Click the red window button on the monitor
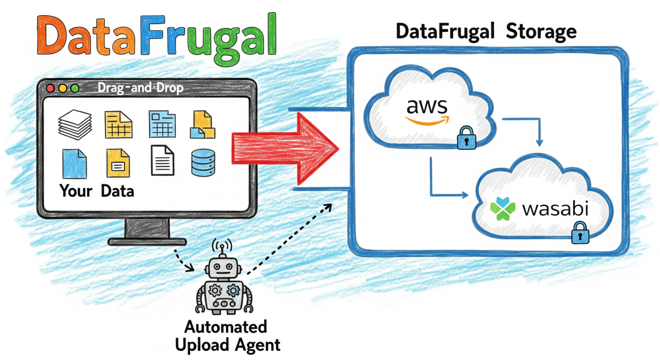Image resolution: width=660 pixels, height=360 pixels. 51,89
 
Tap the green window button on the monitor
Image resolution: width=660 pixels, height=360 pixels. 75,89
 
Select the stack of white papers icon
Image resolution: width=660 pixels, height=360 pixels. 74,124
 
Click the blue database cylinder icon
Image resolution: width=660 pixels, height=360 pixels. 201,162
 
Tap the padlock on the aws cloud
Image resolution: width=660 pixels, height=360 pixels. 465,138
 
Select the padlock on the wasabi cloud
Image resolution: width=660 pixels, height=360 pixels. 580,234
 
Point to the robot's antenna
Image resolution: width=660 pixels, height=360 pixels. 222,247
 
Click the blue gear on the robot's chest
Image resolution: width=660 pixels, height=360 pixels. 233,291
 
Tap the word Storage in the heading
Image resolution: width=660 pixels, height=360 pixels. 541,32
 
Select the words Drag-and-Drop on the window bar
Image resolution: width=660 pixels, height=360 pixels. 140,89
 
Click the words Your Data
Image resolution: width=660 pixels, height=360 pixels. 97,191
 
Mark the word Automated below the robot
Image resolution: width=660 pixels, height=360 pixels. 226,327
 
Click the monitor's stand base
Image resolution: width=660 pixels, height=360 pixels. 147,241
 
